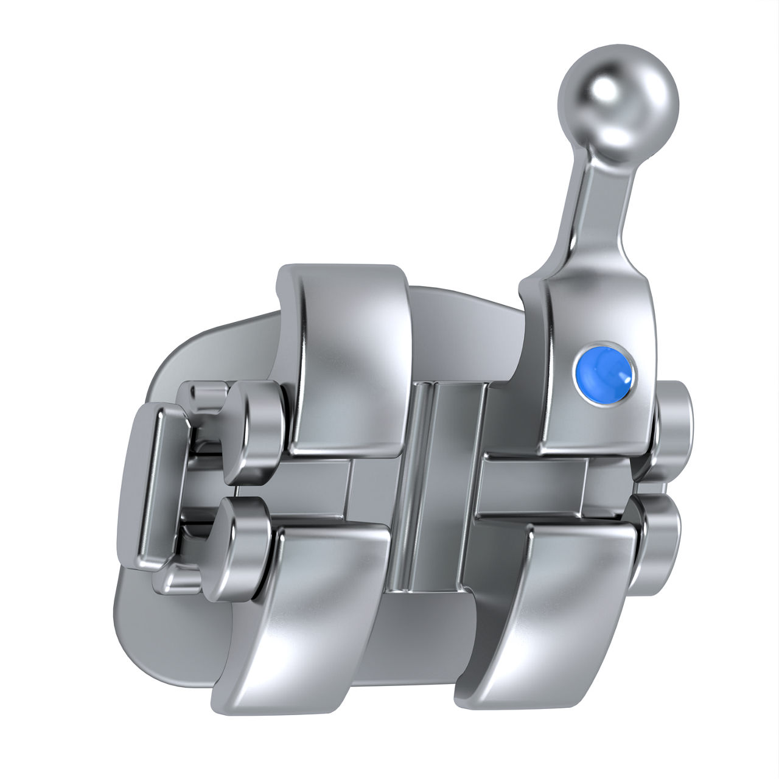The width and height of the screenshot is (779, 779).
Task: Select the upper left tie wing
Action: tap(344, 359)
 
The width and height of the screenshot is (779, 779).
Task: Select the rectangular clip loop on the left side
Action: tap(152, 487)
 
